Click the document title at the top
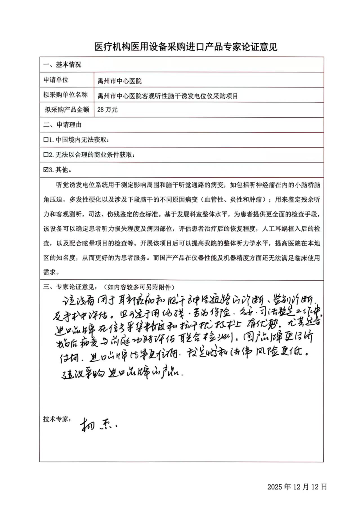point(186,47)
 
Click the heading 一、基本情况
point(62,65)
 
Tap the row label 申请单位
point(56,80)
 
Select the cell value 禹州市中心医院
point(120,81)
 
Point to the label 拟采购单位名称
point(65,95)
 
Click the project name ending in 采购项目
point(168,96)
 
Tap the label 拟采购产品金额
point(67,110)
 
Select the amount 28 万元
point(108,110)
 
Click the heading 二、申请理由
point(62,125)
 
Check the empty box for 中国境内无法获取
point(46,140)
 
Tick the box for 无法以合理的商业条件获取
point(46,155)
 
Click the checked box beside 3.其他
point(46,170)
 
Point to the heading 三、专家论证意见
point(70,287)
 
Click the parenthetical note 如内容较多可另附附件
point(139,287)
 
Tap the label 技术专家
point(56,419)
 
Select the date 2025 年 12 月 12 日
point(297,487)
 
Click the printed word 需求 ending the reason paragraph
point(50,272)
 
